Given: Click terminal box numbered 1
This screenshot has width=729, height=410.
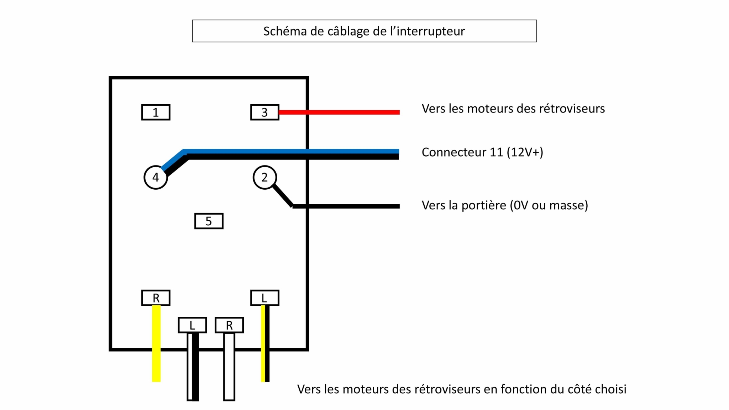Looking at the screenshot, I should (x=156, y=112).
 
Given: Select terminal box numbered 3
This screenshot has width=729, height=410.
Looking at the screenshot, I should (x=264, y=112).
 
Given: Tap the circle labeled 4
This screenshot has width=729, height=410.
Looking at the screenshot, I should (x=156, y=177).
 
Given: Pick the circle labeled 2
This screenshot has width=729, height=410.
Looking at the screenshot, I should (x=264, y=177).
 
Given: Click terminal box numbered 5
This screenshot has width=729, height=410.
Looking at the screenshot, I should (x=209, y=221).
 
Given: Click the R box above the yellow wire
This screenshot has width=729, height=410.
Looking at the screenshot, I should (x=156, y=298).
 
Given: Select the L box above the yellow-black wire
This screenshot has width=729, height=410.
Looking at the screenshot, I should (x=264, y=298).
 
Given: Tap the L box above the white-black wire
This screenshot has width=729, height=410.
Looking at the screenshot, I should (x=192, y=325).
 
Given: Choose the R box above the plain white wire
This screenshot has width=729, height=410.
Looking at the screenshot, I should (x=229, y=325).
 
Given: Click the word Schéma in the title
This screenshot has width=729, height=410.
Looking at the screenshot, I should (x=285, y=31).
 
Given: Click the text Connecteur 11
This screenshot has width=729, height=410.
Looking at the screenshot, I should (x=462, y=152).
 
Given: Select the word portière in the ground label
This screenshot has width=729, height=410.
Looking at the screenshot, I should (x=484, y=205).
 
